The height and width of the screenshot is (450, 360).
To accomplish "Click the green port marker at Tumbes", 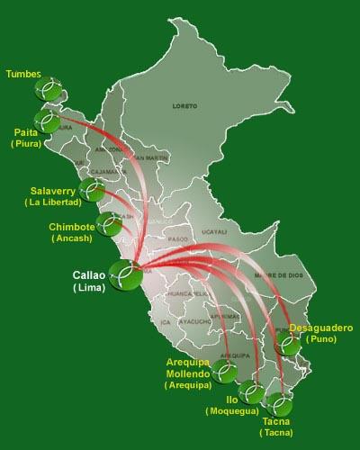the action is [x=48, y=89].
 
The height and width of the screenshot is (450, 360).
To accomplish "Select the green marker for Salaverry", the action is [x=91, y=189].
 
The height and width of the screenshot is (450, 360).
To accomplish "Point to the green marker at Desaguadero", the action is [x=288, y=346].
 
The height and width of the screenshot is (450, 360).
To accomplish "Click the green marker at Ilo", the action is [x=252, y=392].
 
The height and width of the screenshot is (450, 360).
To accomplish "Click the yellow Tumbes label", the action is [x=22, y=74].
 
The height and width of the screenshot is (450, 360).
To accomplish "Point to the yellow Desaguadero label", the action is [x=321, y=328].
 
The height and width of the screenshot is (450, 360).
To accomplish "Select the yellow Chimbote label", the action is [x=72, y=228].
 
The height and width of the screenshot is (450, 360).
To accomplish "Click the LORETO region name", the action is [x=184, y=106].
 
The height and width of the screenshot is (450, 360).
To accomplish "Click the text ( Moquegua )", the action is [x=230, y=410].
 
